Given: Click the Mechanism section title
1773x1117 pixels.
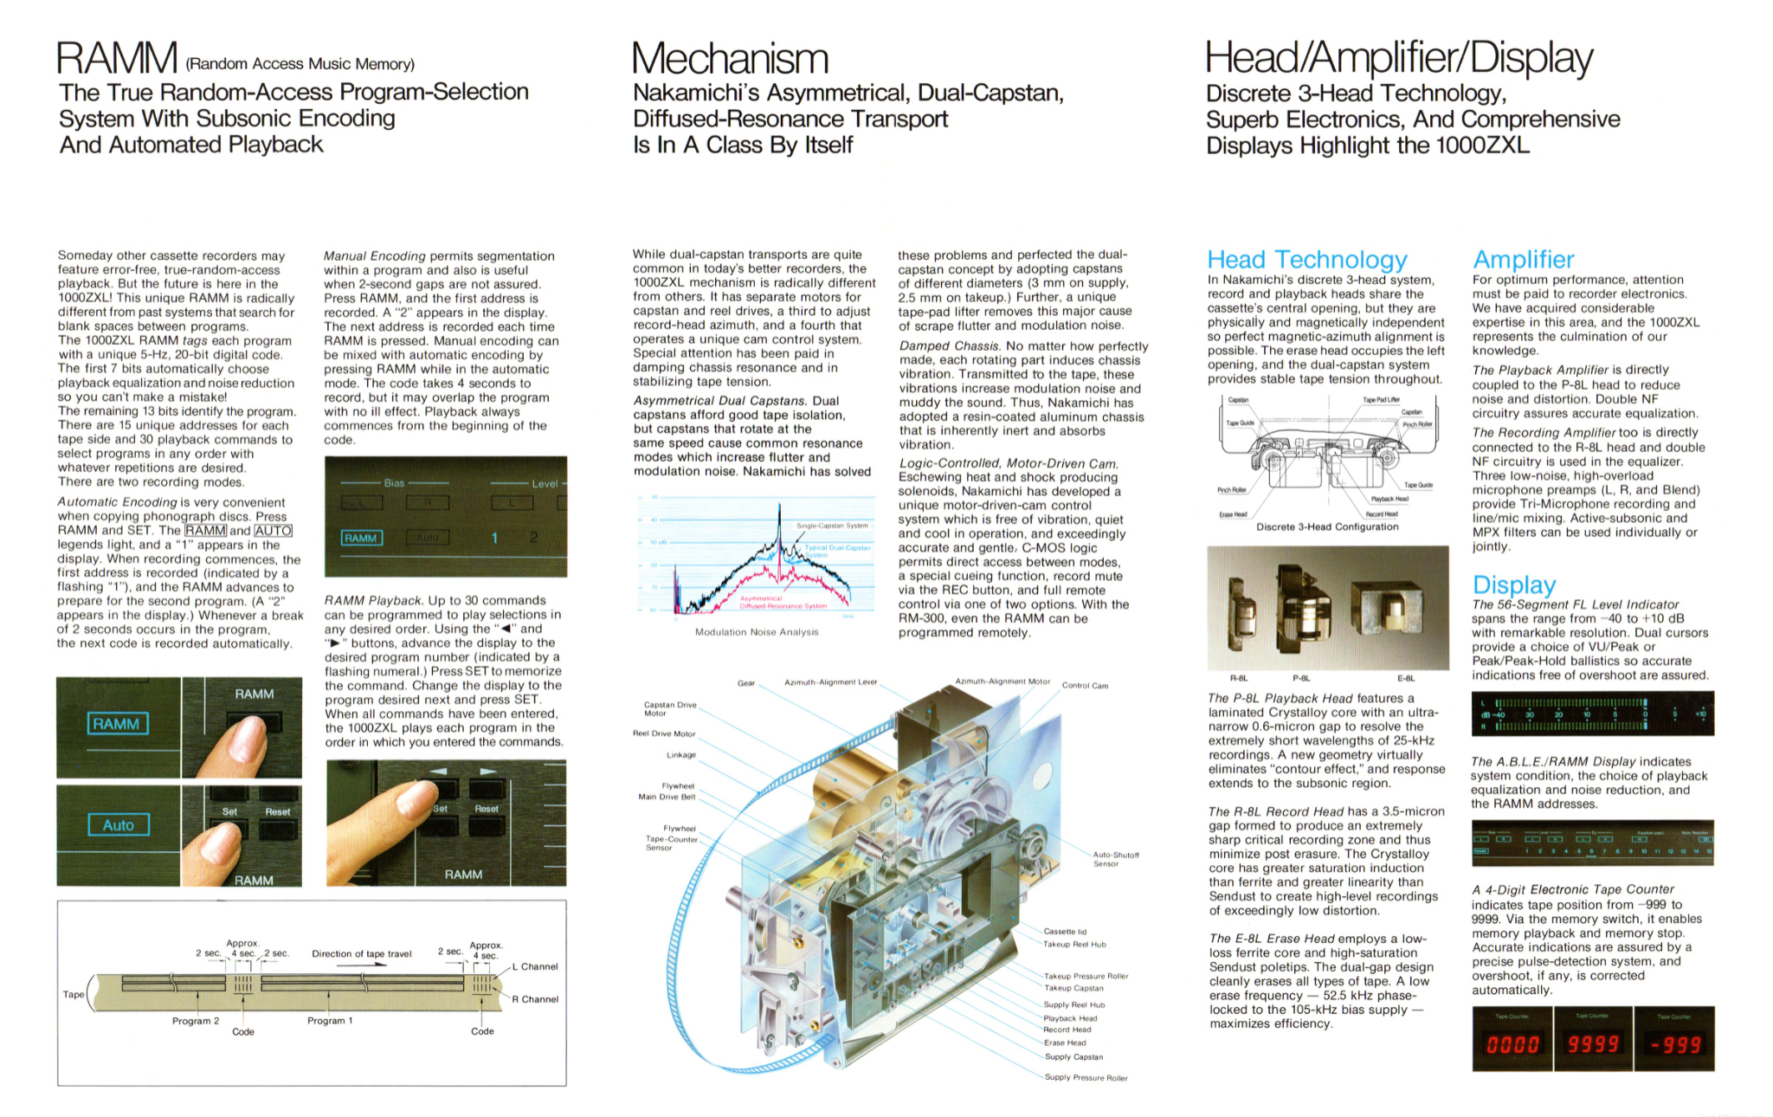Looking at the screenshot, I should (x=730, y=59).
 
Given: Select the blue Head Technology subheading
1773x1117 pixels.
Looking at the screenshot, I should (x=1306, y=259).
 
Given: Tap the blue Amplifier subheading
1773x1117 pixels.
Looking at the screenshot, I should (x=1523, y=259).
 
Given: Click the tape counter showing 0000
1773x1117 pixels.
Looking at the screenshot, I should (x=1512, y=1044).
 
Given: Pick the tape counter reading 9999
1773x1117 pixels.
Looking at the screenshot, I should (x=1592, y=1044).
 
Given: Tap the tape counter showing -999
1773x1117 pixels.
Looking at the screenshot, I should (x=1674, y=1044).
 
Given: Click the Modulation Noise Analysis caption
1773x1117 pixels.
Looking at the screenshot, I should (x=756, y=632).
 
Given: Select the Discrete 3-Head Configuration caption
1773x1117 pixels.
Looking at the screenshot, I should (x=1326, y=526).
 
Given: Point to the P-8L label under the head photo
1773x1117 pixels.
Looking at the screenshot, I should (x=1301, y=679).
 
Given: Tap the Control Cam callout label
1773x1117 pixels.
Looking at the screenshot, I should (x=1084, y=686).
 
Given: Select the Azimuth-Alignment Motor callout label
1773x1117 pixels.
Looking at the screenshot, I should (x=1002, y=681).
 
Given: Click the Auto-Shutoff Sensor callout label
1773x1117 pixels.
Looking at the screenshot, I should (x=1115, y=859).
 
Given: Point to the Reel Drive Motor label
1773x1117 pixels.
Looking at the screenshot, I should (x=664, y=733).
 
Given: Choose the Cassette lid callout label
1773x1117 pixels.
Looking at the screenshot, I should (x=1064, y=932).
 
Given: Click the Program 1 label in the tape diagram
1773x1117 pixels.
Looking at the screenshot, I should (x=330, y=1021).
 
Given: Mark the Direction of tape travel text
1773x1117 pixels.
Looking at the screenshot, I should (x=361, y=953).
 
